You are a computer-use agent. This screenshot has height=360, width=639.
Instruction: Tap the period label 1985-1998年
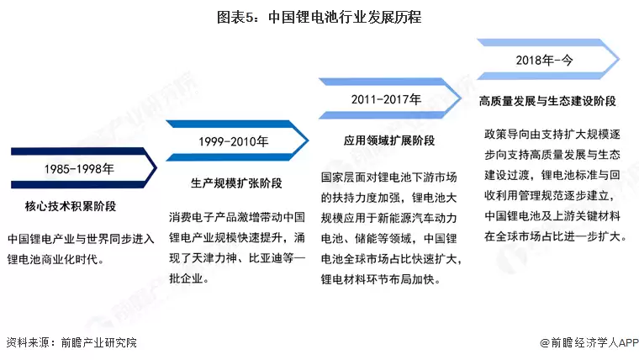[x=79, y=168]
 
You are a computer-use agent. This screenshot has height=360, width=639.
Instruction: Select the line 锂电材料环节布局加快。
[x=381, y=279]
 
